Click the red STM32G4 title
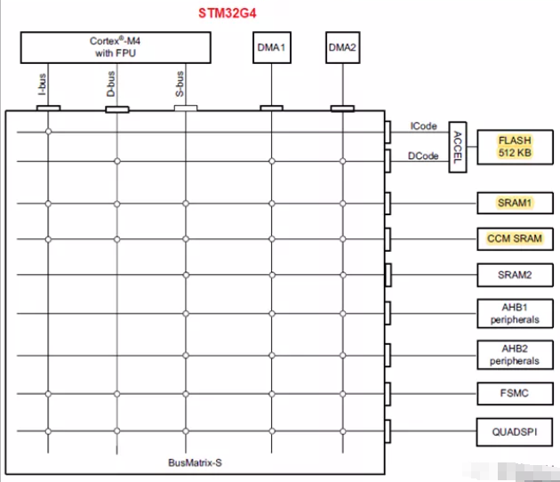pos(228,13)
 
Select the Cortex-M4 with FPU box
pos(116,47)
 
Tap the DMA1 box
pos(272,47)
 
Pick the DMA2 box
pos(342,47)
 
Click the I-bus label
pos(42,84)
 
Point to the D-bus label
pos(111,84)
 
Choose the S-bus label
pos(180,84)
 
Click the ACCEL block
pos(458,148)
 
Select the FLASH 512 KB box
pos(515,148)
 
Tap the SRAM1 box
pos(515,203)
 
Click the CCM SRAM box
pos(515,238)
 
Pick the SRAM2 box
pos(515,275)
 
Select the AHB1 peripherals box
pos(515,313)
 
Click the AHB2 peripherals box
pos(515,355)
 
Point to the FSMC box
pos(515,393)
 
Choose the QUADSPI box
pos(515,432)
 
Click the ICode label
pos(424,126)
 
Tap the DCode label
pos(423,156)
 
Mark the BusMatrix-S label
pos(195,462)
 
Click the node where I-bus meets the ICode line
pos(48,132)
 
